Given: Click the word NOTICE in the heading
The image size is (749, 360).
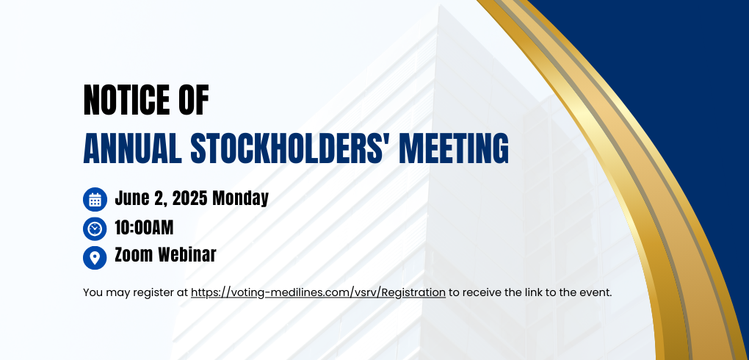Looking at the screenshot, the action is coord(125,100).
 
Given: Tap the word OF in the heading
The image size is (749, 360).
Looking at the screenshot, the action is coord(193,100).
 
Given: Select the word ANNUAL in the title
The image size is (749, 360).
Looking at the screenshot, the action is coord(132,148).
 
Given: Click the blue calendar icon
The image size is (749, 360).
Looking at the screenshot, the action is coord(95,199).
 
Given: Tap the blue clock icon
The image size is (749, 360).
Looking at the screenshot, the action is coord(95,228).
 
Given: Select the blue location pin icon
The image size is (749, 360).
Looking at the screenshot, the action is coord(95,258).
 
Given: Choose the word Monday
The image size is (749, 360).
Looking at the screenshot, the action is coord(240,198).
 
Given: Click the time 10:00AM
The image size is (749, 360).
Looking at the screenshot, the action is coord(144,228).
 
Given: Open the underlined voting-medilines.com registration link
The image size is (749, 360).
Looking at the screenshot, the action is coord(318,292).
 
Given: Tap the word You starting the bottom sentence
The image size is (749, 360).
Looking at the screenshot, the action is coord(92,292).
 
